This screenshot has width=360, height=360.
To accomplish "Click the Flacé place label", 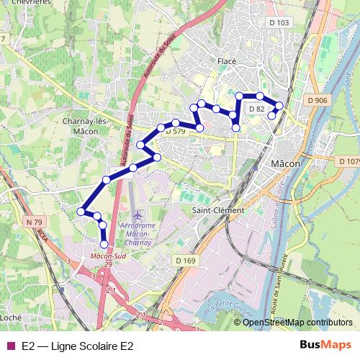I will pyautogui.click(x=227, y=62).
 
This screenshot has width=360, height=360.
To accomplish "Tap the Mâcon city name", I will pyautogui.click(x=285, y=164).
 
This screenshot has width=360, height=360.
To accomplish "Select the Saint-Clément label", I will pyautogui.click(x=218, y=210).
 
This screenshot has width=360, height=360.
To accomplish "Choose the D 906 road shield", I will pyautogui.click(x=317, y=100).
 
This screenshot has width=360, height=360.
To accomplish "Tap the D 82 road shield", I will pyautogui.click(x=257, y=109).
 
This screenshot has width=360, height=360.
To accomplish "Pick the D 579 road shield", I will pyautogui.click(x=175, y=132).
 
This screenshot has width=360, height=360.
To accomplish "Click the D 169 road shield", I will pyautogui.click(x=185, y=261).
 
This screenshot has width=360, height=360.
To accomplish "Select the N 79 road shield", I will pyautogui.click(x=33, y=222).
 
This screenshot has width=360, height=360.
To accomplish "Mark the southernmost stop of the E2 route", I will pyautogui.click(x=104, y=245).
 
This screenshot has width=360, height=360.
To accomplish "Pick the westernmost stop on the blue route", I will pyautogui.click(x=81, y=211).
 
